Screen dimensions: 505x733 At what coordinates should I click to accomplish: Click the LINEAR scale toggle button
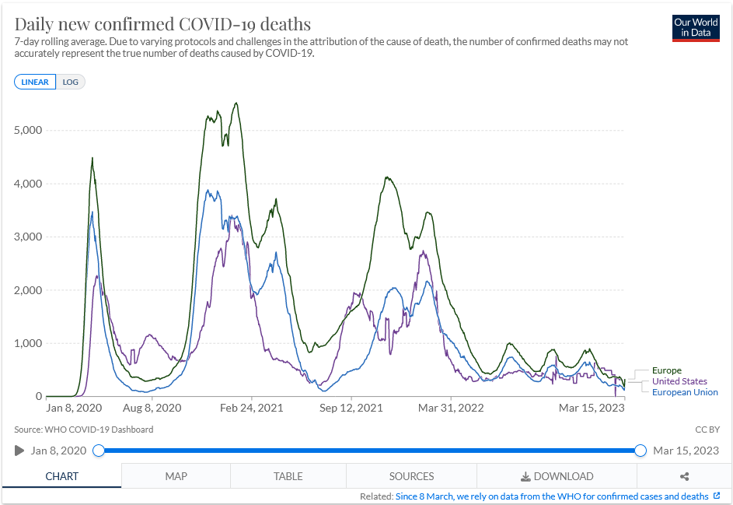point(35,82)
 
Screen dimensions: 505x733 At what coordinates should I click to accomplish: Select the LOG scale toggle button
point(71,82)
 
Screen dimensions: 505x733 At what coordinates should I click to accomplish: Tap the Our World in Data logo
point(696,27)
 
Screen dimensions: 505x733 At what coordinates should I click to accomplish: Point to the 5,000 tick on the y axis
point(28,130)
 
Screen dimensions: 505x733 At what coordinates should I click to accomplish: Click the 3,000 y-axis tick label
point(28,237)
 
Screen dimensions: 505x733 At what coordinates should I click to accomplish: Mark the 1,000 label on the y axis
point(28,343)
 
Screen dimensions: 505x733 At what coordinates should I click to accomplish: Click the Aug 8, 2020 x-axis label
point(152,408)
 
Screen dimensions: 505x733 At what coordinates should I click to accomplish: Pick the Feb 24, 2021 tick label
point(252,408)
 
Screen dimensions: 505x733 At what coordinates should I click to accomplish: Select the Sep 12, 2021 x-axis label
point(352,408)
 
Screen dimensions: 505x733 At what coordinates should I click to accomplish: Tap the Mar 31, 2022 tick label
point(452,408)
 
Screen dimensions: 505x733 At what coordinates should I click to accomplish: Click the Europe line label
point(667,370)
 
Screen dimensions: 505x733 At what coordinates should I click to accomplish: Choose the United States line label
point(679,381)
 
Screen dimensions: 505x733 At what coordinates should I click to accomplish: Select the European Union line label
point(685,392)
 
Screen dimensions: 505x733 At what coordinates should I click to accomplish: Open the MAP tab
point(176,476)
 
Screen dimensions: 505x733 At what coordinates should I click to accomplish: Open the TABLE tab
point(288,476)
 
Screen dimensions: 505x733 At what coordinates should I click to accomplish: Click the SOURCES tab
point(411,476)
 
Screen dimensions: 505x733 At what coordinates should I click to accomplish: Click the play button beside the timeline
point(19,451)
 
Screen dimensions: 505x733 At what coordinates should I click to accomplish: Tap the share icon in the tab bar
point(684,476)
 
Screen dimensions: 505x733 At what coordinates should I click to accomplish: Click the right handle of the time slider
point(641,451)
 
